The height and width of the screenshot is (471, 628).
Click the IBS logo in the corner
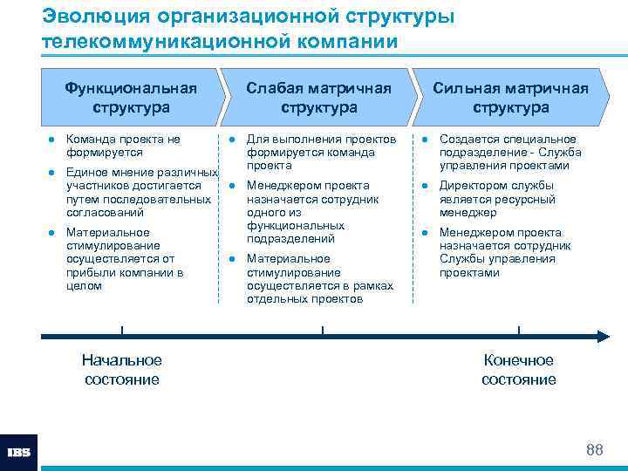[19, 453]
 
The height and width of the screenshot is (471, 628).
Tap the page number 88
[595, 450]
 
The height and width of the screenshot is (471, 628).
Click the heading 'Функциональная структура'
[131, 98]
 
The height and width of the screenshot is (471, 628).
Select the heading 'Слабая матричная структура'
[318, 98]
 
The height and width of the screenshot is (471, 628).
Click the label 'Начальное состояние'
[122, 370]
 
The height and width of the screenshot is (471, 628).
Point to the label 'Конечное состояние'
[519, 370]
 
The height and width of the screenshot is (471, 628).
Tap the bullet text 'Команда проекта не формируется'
[123, 146]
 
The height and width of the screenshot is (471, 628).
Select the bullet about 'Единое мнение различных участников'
[140, 192]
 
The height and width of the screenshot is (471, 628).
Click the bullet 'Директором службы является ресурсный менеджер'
[496, 199]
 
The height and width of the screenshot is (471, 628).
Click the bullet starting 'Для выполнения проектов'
[321, 153]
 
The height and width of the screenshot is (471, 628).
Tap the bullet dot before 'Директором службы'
[425, 186]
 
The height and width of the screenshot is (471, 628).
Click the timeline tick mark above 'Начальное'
[122, 331]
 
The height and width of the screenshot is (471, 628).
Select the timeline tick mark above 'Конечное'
[519, 331]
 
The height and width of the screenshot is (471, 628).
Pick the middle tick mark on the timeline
[323, 331]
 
